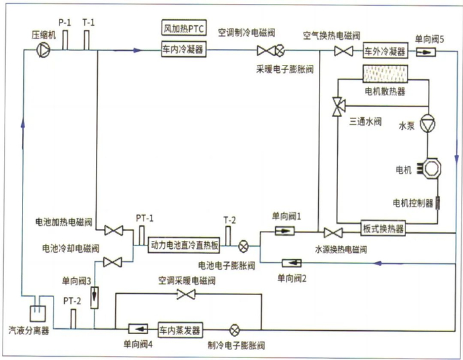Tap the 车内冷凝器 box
click(x=183, y=49)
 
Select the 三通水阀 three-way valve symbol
click(x=338, y=104)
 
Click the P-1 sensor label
click(x=64, y=22)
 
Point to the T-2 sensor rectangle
click(x=229, y=235)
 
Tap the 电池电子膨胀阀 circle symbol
click(x=244, y=245)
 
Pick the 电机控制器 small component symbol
click(x=437, y=202)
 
